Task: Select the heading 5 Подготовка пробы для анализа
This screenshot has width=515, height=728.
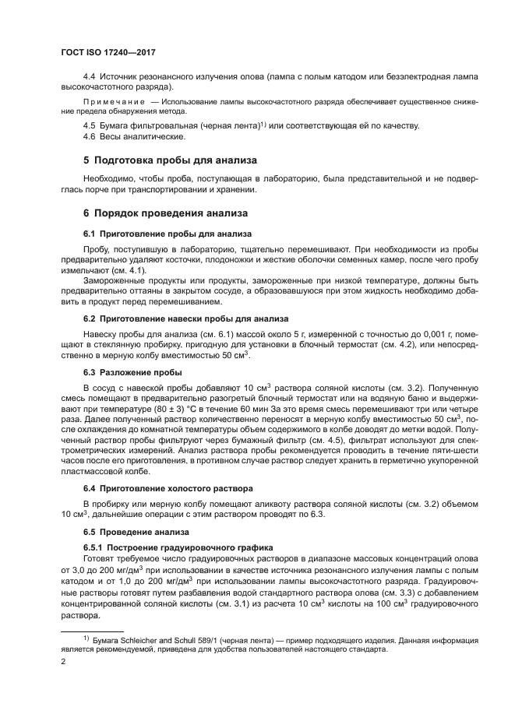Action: (170, 161)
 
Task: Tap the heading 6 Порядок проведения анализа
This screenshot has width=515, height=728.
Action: (165, 213)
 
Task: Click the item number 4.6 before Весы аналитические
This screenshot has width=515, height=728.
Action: (90, 137)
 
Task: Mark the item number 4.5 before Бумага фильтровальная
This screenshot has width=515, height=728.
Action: (90, 125)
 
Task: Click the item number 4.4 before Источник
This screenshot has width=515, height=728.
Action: (90, 76)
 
